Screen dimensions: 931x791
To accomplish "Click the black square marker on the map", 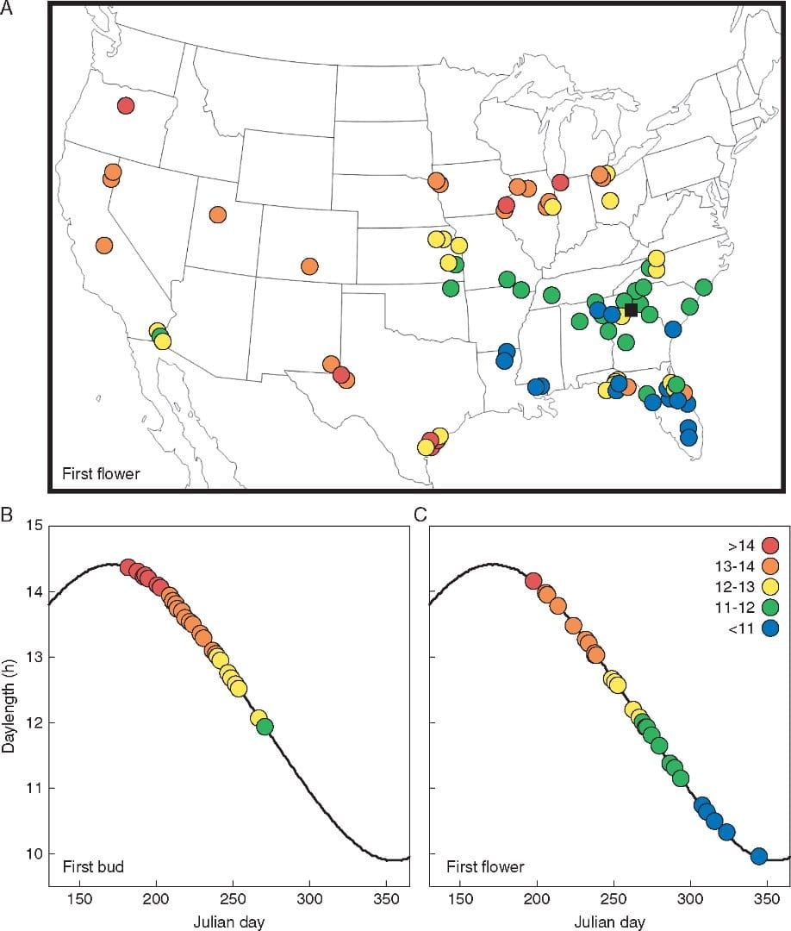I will coord(631,309).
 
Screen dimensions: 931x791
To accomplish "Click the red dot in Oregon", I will coord(126,106).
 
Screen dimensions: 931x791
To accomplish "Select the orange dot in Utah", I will coord(217,215).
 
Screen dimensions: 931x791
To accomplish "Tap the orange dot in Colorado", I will coord(309,266).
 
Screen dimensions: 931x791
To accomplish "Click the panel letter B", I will coord(7,515).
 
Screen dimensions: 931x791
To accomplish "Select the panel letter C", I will coord(420,515).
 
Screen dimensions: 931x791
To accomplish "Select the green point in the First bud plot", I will coord(265,727).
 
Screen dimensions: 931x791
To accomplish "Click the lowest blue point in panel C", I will coord(759,856).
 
